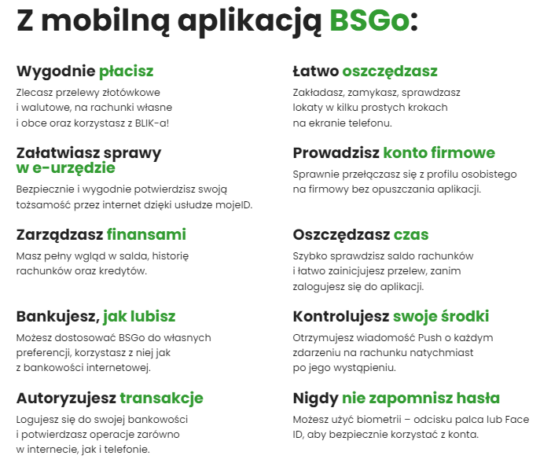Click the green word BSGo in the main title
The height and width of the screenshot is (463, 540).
coord(369,20)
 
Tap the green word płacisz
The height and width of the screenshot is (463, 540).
coord(126,72)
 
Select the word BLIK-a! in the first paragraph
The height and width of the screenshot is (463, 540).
coord(152,123)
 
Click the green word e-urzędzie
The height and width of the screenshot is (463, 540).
coord(74,168)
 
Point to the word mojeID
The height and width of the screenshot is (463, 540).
coord(233,205)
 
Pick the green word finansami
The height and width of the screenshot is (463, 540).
coord(146,234)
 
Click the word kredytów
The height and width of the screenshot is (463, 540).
coord(123,271)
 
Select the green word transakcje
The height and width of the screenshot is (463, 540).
coord(161,399)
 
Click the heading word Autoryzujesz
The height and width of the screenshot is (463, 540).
coord(66,399)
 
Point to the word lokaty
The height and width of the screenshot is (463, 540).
coord(307,108)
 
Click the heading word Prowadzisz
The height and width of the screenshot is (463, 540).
coord(336,153)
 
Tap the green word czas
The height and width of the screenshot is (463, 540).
coord(411,235)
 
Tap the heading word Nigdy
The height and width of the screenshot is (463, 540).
coord(315,399)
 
